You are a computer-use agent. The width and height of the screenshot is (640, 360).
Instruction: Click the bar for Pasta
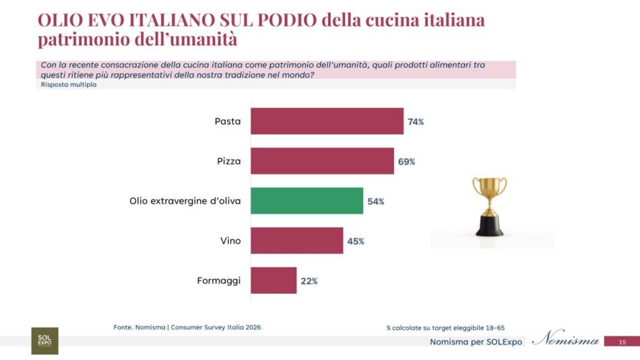pyautogui.click(x=327, y=121)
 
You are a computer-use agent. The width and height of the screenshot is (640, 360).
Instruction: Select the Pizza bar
pyautogui.click(x=322, y=161)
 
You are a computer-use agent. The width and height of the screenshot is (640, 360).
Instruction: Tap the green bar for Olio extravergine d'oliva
pyautogui.click(x=307, y=201)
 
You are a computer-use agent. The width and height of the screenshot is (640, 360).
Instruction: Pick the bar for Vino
pyautogui.click(x=297, y=241)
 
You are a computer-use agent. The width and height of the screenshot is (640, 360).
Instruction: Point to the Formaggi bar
pyautogui.click(x=274, y=280)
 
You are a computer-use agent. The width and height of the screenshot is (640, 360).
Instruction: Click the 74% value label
pyautogui.click(x=416, y=122)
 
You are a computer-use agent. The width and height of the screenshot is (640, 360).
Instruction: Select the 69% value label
pyautogui.click(x=406, y=162)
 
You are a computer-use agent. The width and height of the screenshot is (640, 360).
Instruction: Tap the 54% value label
pyautogui.click(x=375, y=202)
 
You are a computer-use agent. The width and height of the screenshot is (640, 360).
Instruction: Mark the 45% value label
pyautogui.click(x=356, y=241)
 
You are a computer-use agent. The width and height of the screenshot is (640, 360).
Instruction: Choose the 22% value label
pyautogui.click(x=309, y=281)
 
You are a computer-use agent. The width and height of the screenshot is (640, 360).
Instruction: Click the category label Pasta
pyautogui.click(x=228, y=121)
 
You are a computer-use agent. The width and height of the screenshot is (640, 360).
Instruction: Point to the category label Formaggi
pyautogui.click(x=220, y=280)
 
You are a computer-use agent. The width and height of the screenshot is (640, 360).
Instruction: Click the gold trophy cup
pyautogui.click(x=489, y=205)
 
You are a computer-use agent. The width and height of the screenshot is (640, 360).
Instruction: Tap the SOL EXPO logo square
pyautogui.click(x=44, y=340)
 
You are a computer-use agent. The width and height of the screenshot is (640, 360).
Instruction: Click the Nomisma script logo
pyautogui.click(x=565, y=340)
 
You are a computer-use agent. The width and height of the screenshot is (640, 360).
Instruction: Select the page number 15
pyautogui.click(x=622, y=342)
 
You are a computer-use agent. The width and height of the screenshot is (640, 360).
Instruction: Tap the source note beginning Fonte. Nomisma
pyautogui.click(x=187, y=328)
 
